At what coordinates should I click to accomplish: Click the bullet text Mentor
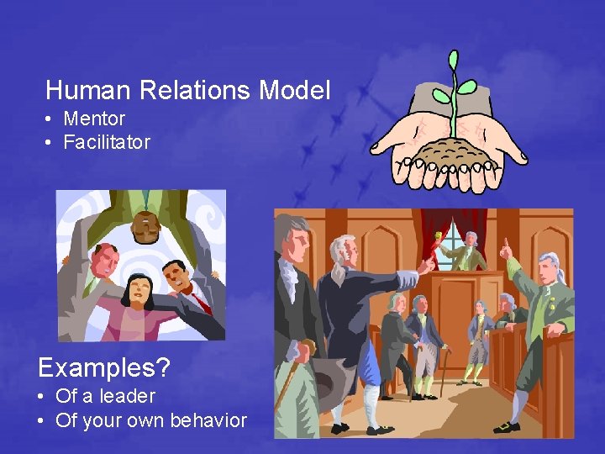point(94,119)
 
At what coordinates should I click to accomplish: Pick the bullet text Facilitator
point(107,142)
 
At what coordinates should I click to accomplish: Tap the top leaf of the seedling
point(454,61)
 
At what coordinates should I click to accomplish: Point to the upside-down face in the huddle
point(146,225)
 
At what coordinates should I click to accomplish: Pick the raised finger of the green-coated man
point(505,245)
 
